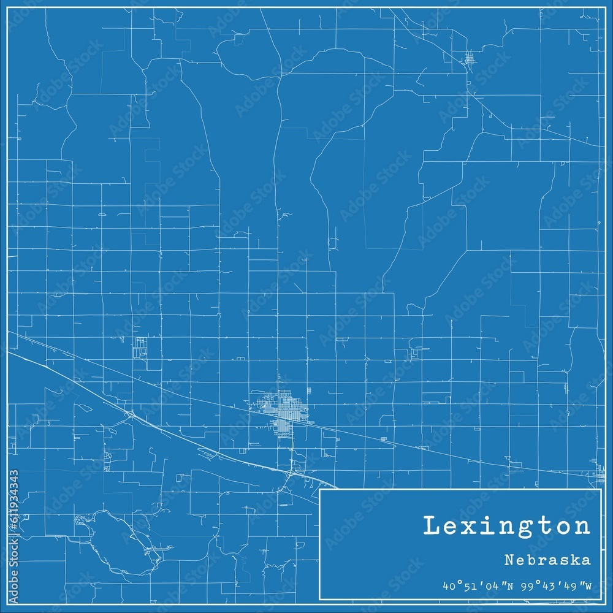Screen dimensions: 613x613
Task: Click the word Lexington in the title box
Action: tap(507, 527)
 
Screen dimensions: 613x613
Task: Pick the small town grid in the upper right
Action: tap(470, 59)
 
